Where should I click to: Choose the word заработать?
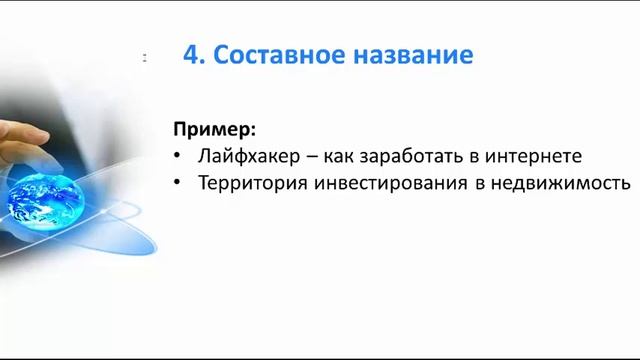pyautogui.click(x=391, y=157)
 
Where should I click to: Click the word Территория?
pyautogui.click(x=248, y=184)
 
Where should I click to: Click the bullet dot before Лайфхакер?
pyautogui.click(x=178, y=158)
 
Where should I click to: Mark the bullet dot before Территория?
pyautogui.click(x=178, y=185)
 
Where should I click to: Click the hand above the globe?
pyautogui.click(x=25, y=139)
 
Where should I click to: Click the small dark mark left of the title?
pyautogui.click(x=145, y=58)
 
